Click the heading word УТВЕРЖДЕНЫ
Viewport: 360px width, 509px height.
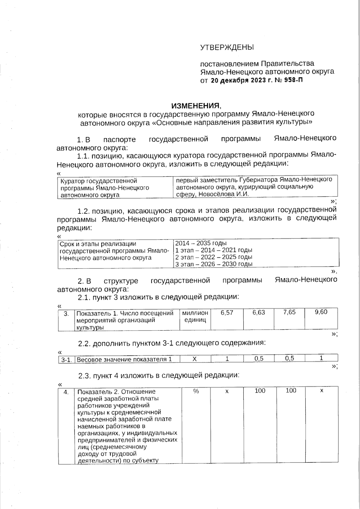pyautogui.click(x=227, y=47)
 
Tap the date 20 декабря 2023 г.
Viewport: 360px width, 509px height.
pyautogui.click(x=238, y=80)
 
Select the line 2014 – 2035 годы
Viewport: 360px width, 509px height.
pyautogui.click(x=201, y=243)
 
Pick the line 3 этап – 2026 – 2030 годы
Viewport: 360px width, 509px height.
pyautogui.click(x=214, y=264)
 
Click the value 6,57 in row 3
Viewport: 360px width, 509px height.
pyautogui.click(x=227, y=313)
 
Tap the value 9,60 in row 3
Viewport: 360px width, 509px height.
pyautogui.click(x=321, y=312)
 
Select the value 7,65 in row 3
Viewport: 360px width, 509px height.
pyautogui.click(x=289, y=312)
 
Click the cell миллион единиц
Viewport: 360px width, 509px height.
pyautogui.click(x=195, y=316)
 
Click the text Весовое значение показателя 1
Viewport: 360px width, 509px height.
pyautogui.click(x=124, y=359)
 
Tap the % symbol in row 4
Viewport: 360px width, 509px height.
pyautogui.click(x=196, y=391)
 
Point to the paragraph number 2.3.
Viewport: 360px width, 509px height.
pyautogui.click(x=85, y=375)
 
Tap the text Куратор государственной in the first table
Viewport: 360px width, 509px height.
pyautogui.click(x=99, y=181)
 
